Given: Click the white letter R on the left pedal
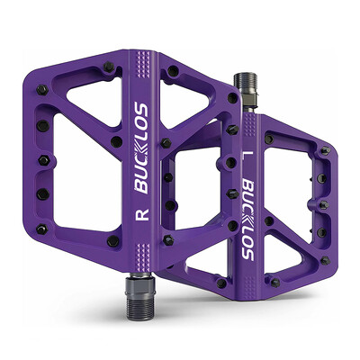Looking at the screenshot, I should pos(143,216).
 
